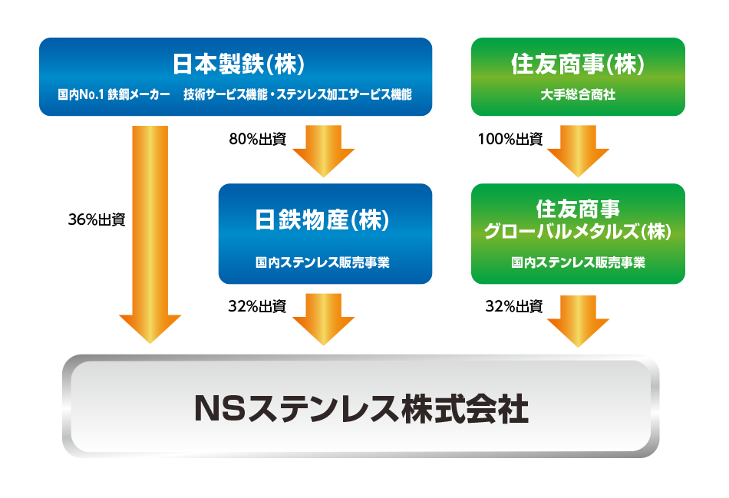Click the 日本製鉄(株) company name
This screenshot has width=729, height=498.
coord(235,64)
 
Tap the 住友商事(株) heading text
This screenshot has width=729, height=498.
coord(577,64)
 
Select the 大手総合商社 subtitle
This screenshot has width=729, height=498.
coord(577,95)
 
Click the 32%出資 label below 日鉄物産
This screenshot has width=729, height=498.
coord(257,307)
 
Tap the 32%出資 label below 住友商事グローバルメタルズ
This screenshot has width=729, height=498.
coord(513,307)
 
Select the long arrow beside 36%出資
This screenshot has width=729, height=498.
coord(150,230)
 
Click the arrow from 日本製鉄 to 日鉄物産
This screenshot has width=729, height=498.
coord(324,150)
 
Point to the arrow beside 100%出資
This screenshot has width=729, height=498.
coord(578,150)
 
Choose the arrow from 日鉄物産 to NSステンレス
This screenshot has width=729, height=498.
coord(324,318)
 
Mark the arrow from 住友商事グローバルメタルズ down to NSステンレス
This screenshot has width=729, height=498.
coord(578,318)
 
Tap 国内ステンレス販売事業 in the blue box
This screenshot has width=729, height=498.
coord(322,262)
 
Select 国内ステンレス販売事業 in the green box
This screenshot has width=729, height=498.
coord(578,262)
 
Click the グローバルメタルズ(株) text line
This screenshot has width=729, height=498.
coord(578,231)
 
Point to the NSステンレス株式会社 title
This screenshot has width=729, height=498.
coord(361,407)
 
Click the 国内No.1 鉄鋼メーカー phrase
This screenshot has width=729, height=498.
coord(113,95)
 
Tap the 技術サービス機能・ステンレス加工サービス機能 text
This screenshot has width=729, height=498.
coord(298,95)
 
